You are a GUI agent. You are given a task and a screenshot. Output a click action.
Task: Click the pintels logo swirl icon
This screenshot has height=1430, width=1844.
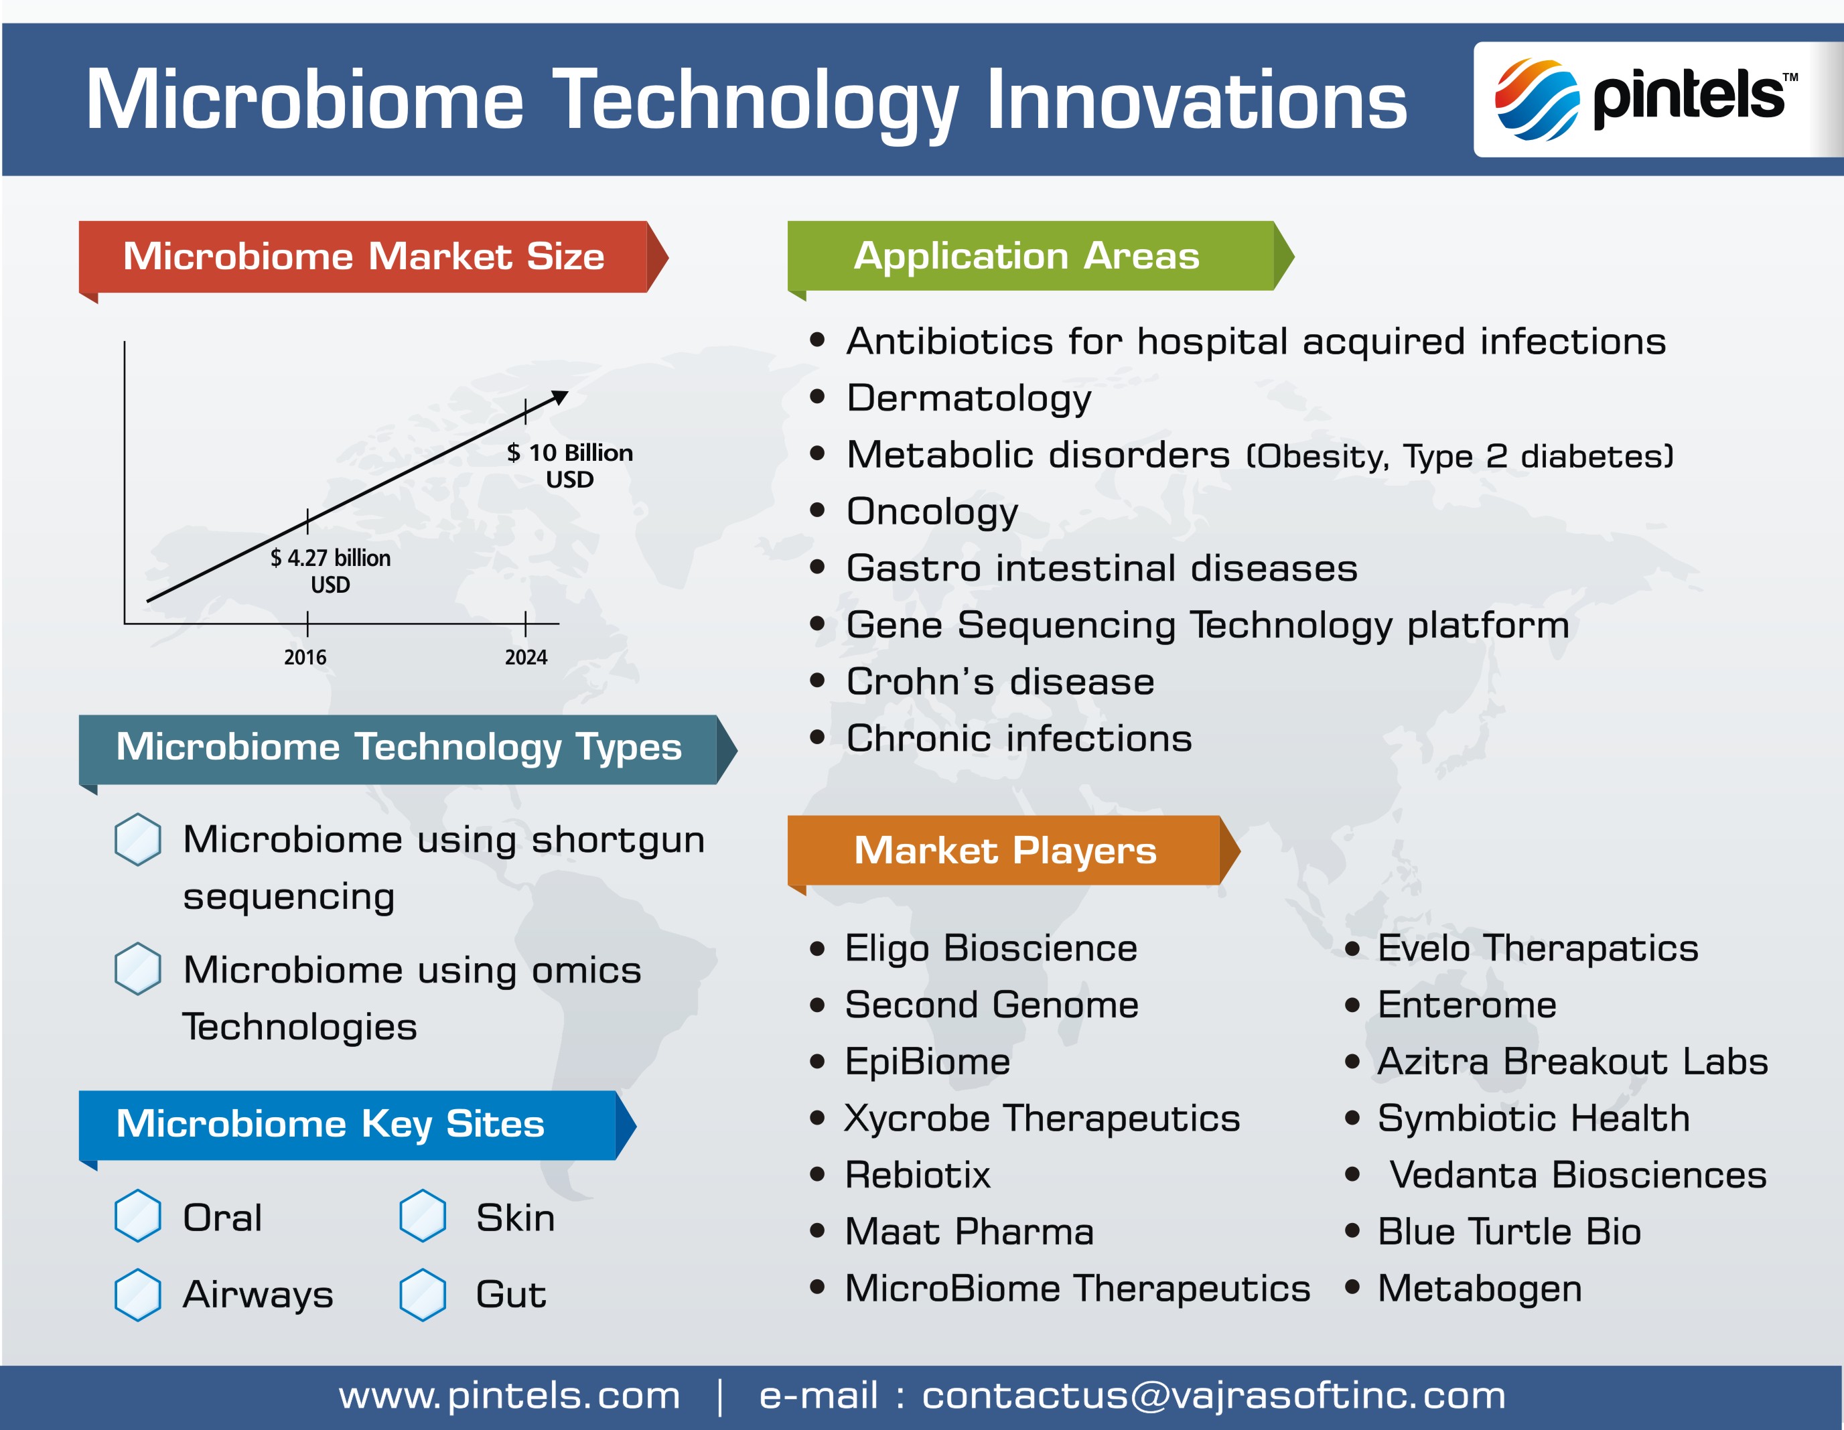click(1537, 98)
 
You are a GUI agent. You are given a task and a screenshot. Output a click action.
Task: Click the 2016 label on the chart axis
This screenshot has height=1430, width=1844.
click(305, 658)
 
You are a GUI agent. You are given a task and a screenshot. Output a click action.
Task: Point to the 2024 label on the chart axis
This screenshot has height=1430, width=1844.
click(526, 658)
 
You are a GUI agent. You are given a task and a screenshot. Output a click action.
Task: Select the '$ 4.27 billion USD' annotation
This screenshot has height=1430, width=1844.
click(330, 571)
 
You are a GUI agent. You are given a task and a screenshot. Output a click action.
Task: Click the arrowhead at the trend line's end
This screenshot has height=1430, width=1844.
click(561, 397)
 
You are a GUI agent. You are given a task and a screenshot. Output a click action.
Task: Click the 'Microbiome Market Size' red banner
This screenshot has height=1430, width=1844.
click(373, 257)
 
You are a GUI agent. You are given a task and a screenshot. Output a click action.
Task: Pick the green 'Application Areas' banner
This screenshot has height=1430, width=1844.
click(1040, 256)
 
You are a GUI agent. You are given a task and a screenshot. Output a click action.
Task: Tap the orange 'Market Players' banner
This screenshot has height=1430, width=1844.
click(1013, 850)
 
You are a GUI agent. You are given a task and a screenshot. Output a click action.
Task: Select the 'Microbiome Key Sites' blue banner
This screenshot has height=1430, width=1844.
click(357, 1125)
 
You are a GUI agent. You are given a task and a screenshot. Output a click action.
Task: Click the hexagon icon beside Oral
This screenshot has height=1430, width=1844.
click(137, 1216)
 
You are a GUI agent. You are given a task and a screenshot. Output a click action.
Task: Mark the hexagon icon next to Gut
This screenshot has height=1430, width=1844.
click(422, 1294)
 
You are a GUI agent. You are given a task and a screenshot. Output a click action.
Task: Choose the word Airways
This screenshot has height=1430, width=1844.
click(259, 1294)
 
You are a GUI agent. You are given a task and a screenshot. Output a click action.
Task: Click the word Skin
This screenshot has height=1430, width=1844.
click(515, 1217)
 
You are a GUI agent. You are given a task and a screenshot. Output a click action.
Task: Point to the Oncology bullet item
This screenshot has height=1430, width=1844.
click(932, 512)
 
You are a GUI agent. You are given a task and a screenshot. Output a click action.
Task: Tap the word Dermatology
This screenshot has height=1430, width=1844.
click(969, 399)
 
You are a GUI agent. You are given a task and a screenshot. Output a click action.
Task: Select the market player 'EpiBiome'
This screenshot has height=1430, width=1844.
click(927, 1061)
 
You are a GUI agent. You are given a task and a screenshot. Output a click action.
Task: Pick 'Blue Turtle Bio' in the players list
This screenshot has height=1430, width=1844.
click(1509, 1232)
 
